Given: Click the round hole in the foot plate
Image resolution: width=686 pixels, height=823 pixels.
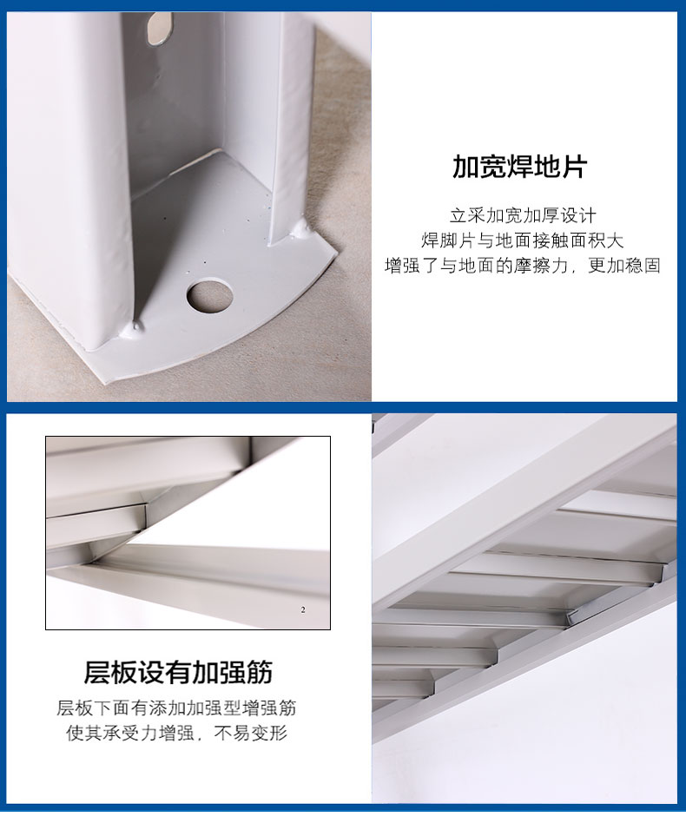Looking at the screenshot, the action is (209, 295).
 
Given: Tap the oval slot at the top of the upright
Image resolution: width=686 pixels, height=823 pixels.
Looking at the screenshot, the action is (159, 28).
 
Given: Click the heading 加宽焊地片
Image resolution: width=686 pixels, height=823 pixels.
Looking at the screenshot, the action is (519, 167).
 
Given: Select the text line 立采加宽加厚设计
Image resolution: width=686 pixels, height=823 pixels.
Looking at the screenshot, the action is (523, 215).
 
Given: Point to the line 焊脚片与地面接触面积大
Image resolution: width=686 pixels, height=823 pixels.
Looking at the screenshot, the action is (522, 240).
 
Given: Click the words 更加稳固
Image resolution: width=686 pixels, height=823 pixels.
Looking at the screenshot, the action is (624, 265).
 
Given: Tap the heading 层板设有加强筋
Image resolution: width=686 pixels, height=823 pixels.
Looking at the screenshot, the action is (178, 672).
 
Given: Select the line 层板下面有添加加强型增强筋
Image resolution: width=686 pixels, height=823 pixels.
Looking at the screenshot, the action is (176, 708).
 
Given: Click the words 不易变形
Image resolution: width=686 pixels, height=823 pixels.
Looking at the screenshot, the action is (250, 733).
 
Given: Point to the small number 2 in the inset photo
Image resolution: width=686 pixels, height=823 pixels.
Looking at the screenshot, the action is (303, 609).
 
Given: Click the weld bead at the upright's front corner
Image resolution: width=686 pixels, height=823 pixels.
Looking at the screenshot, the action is (132, 328).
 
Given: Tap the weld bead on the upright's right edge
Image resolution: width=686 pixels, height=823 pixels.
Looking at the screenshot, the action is (300, 228).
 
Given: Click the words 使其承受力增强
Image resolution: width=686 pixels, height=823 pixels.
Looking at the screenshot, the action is (130, 733).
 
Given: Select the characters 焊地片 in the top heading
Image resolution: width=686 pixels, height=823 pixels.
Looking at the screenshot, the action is (547, 167).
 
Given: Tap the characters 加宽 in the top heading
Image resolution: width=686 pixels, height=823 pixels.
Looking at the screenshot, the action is (479, 167).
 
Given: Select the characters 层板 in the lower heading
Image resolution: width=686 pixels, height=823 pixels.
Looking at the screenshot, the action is (111, 672).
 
